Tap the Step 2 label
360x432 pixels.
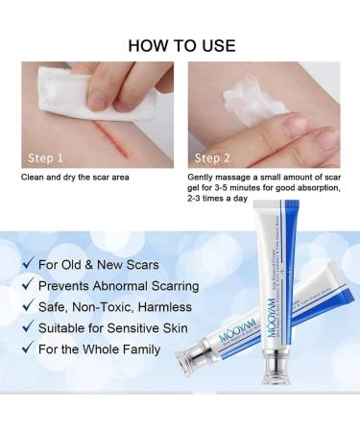[x=213, y=156]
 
